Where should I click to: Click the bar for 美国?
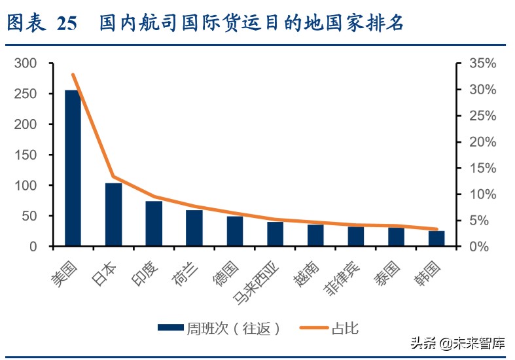pyautogui.click(x=73, y=168)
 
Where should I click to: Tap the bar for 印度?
pyautogui.click(x=154, y=224)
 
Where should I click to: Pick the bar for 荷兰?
pyautogui.click(x=194, y=228)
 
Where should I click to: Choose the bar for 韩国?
pyautogui.click(x=436, y=239)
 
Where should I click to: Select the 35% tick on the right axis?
pyautogui.click(x=483, y=63)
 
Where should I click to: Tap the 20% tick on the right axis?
pyautogui.click(x=483, y=142)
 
